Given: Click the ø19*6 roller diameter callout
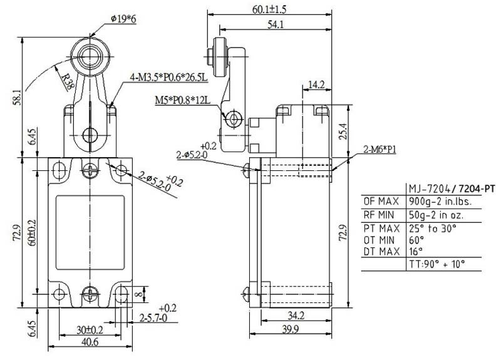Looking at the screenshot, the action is pyautogui.click(x=123, y=19).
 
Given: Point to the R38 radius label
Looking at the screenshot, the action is pyautogui.click(x=68, y=82).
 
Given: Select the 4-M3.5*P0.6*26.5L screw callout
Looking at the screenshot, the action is pyautogui.click(x=169, y=77).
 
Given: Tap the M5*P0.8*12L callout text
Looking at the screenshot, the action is pyautogui.click(x=183, y=100).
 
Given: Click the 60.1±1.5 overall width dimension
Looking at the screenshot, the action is pyautogui.click(x=269, y=9).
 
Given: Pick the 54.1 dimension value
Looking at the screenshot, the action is pyautogui.click(x=276, y=24).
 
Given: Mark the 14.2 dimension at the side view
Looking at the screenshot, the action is pyautogui.click(x=316, y=85).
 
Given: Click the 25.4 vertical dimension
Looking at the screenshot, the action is pyautogui.click(x=343, y=131).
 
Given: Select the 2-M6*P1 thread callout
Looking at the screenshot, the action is pyautogui.click(x=380, y=149).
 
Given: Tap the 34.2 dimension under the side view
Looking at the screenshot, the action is pyautogui.click(x=296, y=316).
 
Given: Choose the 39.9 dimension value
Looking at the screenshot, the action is pyautogui.click(x=290, y=329).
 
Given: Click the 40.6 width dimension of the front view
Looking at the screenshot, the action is pyautogui.click(x=90, y=342).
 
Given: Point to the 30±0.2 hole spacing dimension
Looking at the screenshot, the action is pyautogui.click(x=90, y=330).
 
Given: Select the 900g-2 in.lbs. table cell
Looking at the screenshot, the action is pyautogui.click(x=441, y=202).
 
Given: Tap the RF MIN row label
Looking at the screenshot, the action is pyautogui.click(x=379, y=215).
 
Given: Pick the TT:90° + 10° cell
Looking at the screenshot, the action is pyautogui.click(x=436, y=264).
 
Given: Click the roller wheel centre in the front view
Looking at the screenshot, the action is pyautogui.click(x=90, y=56).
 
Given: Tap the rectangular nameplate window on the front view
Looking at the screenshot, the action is pyautogui.click(x=90, y=232).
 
